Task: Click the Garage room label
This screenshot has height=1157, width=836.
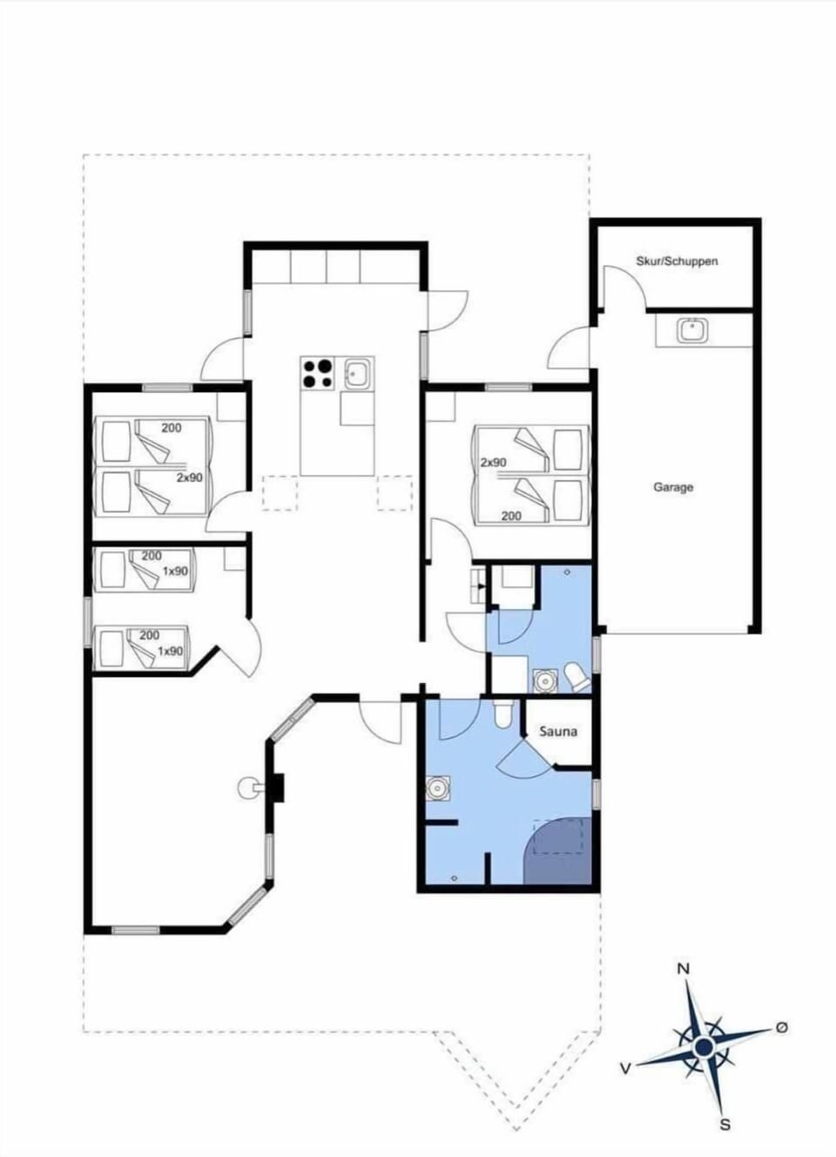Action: click(x=673, y=487)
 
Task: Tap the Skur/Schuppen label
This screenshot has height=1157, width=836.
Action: click(x=677, y=260)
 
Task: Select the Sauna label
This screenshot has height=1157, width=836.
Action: click(x=557, y=731)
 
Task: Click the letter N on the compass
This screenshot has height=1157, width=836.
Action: click(x=684, y=969)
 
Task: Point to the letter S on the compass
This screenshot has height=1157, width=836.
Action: click(x=725, y=1125)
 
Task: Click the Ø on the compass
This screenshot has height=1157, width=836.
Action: click(x=781, y=1028)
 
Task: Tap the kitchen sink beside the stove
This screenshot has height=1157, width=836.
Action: click(x=358, y=375)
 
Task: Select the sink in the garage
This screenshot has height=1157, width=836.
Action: click(x=693, y=330)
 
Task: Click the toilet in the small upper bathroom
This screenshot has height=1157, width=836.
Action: click(x=575, y=675)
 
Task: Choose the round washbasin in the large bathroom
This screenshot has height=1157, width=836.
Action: click(x=435, y=788)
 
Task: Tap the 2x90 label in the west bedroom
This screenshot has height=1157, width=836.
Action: click(x=190, y=477)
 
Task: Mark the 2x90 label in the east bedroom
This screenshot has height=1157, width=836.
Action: click(x=493, y=462)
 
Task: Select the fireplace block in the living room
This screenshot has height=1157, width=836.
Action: click(x=276, y=787)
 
